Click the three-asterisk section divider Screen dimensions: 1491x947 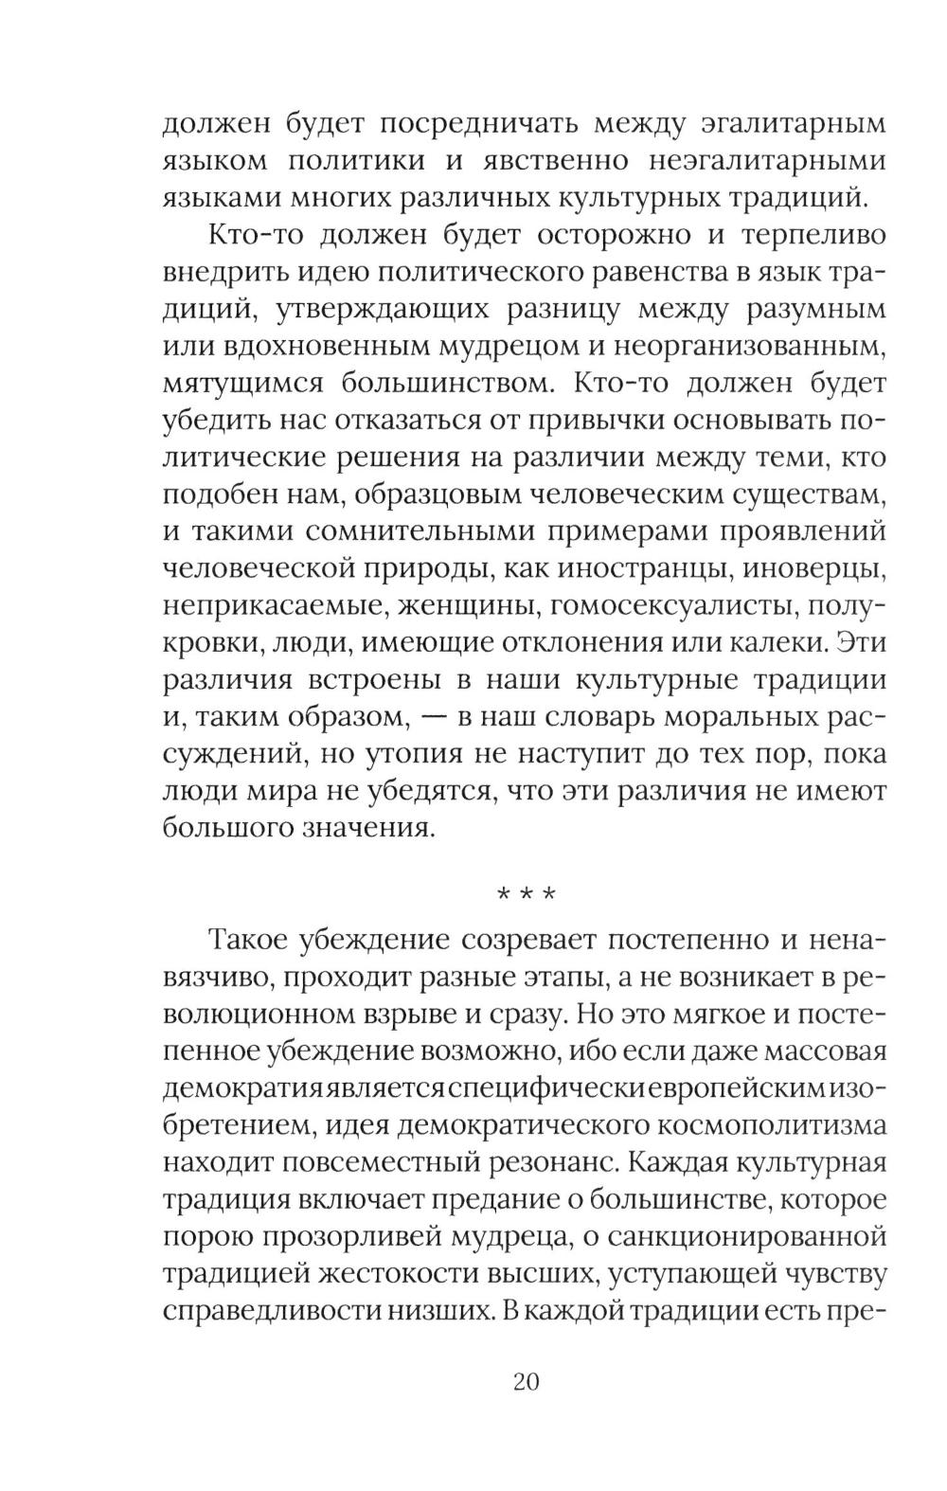[x=526, y=894]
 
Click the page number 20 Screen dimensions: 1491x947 [x=526, y=1381]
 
